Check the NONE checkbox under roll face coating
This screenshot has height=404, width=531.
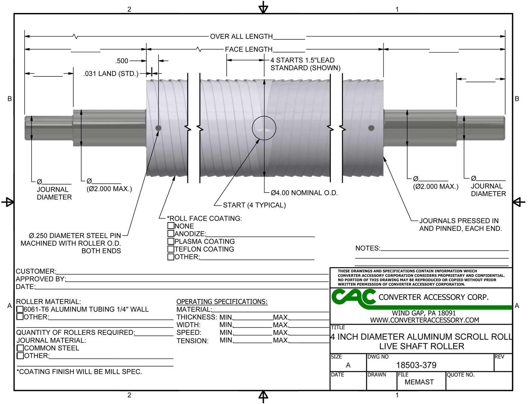(171, 226)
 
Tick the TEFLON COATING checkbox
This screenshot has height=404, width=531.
(171, 249)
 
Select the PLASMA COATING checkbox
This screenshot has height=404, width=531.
(171, 241)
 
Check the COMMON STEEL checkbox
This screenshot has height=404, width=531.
(20, 348)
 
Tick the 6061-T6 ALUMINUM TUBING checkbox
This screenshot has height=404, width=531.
(20, 309)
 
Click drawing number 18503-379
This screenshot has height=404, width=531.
(416, 365)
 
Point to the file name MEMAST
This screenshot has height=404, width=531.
(419, 382)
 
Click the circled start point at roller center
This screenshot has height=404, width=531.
(264, 128)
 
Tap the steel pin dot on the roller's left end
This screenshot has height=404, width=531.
(158, 128)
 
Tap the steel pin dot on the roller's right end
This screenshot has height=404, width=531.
(371, 128)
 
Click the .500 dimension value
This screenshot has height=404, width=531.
(122, 61)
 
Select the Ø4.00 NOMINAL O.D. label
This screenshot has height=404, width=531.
(304, 193)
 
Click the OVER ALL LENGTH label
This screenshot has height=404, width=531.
(241, 36)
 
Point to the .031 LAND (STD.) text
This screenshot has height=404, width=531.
(111, 74)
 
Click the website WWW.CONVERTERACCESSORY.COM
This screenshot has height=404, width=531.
(424, 320)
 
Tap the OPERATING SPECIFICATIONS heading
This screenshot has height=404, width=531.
(222, 302)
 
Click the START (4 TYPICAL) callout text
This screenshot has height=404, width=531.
(254, 205)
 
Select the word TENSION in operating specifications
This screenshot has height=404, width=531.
(192, 341)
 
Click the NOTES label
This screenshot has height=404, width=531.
(367, 248)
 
